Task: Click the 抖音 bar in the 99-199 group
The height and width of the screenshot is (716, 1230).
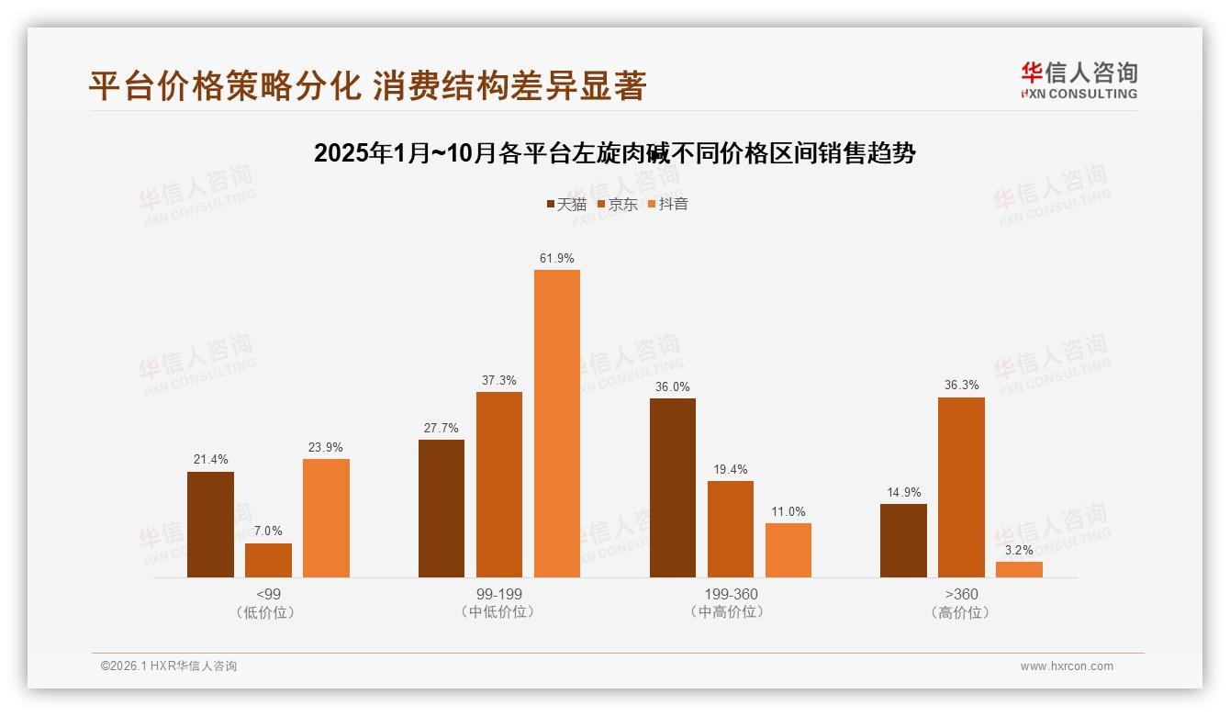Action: click(x=557, y=423)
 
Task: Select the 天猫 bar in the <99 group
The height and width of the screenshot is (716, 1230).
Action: click(x=210, y=524)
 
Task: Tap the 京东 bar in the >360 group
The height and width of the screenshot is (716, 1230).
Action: click(x=961, y=487)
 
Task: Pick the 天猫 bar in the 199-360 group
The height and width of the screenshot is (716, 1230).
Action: click(x=673, y=487)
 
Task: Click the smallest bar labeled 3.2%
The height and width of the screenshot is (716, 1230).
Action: click(x=1019, y=569)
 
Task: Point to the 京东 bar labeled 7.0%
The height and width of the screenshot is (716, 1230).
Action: click(x=268, y=560)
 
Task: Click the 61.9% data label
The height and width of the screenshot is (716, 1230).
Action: click(x=557, y=258)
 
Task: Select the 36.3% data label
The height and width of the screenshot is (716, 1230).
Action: click(x=961, y=386)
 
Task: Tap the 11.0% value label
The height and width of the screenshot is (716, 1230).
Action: click(x=788, y=511)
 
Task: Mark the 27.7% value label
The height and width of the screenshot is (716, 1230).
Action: click(x=442, y=428)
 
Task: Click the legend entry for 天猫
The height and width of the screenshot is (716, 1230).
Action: click(x=566, y=204)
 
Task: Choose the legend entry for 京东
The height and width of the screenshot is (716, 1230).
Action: click(x=617, y=204)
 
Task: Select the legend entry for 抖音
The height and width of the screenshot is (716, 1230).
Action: click(x=667, y=204)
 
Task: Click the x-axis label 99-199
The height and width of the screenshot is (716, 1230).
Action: click(x=499, y=594)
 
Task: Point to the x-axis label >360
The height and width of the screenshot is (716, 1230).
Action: click(x=961, y=594)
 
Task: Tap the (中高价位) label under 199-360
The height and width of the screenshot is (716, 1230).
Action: click(x=731, y=612)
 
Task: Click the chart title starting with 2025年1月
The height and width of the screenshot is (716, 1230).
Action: click(x=615, y=153)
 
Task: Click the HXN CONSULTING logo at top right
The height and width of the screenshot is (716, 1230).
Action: click(x=1079, y=80)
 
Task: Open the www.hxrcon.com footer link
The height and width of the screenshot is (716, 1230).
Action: click(x=1067, y=666)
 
